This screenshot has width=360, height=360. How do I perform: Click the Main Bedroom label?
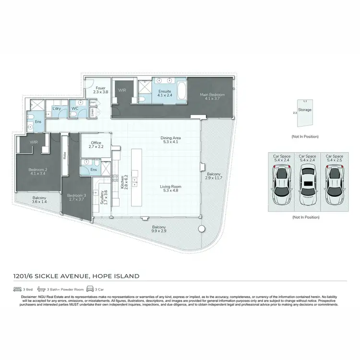pyautogui.click(x=210, y=95)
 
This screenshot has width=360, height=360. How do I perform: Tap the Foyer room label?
pyautogui.click(x=100, y=88)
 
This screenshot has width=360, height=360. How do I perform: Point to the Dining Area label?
pyautogui.click(x=170, y=138)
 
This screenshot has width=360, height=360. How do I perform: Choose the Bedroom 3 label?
pyautogui.click(x=76, y=195)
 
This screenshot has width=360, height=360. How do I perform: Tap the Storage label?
pyautogui.click(x=305, y=110)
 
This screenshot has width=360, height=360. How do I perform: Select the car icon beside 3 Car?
pyautogui.click(x=90, y=289)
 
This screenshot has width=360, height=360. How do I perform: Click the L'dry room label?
pyautogui.click(x=56, y=108)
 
